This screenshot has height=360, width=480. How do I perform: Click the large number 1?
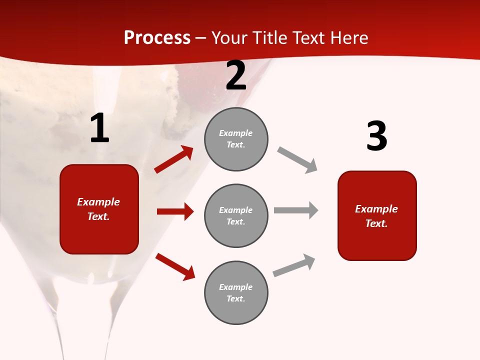point(99,128)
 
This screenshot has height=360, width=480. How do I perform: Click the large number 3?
point(376,136)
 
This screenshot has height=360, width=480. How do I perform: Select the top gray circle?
point(236,139)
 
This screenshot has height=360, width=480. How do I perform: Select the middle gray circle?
point(236,216)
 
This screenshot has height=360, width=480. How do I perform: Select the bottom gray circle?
point(236,293)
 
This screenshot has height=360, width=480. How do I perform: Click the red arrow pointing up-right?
point(174,159)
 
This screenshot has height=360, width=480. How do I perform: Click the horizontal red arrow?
point(175,211)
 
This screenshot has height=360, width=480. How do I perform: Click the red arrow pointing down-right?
point(175,266)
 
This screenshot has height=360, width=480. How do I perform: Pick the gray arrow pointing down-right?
point(297,160)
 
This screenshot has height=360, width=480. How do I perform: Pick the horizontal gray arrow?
point(296,210)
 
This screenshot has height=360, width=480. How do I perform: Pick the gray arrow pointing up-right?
point(294,265)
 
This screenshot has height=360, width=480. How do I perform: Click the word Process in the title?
point(157,37)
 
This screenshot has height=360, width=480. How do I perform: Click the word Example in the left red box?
point(98,202)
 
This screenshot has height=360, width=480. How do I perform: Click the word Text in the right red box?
point(376,223)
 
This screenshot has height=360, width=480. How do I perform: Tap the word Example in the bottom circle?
point(235,287)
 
